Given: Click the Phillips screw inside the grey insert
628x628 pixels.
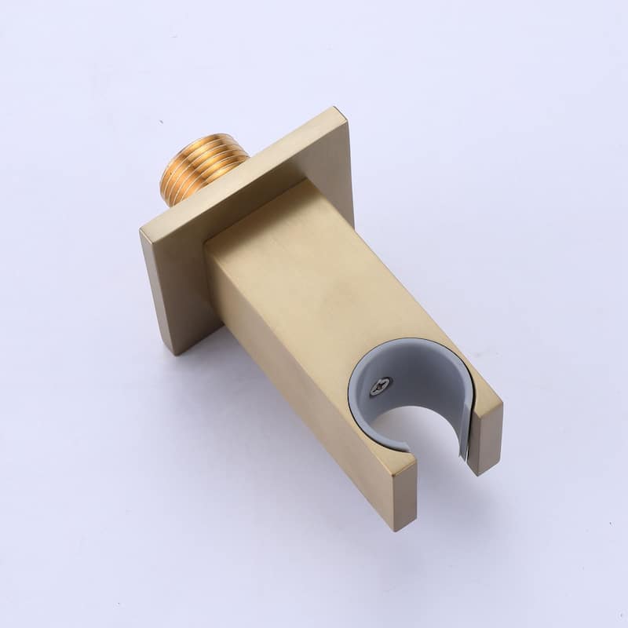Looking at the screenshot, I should pos(381,385).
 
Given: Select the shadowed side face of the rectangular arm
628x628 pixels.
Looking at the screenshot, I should pos(283,369).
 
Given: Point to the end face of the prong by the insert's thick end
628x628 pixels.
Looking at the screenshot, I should pos(396,491).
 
